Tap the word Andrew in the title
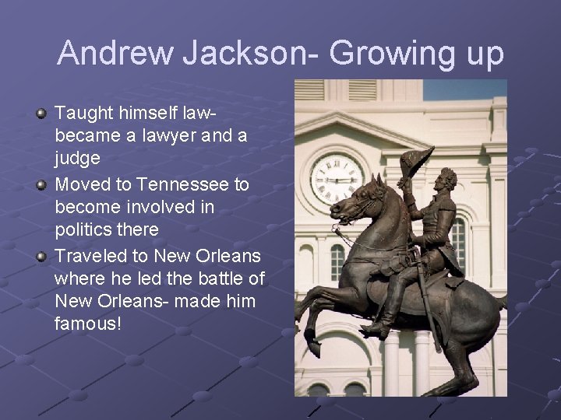pyautogui.click(x=115, y=54)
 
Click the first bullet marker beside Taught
pyautogui.click(x=41, y=114)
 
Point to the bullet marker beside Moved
pyautogui.click(x=41, y=185)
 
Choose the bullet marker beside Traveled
pyautogui.click(x=41, y=256)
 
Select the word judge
pyautogui.click(x=77, y=159)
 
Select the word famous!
pyautogui.click(x=88, y=323)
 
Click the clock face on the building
pyautogui.click(x=336, y=178)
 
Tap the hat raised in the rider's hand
pyautogui.click(x=422, y=163)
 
